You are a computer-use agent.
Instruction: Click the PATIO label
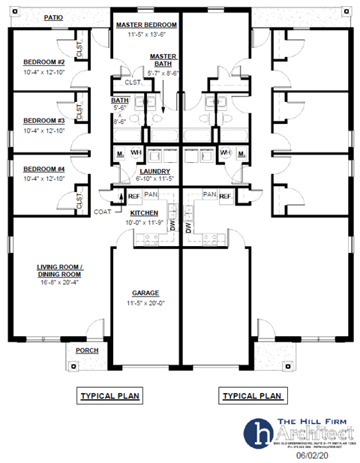[x=53, y=17]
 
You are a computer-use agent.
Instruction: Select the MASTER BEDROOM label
[x=145, y=25]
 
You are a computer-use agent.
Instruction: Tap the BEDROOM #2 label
[x=43, y=62]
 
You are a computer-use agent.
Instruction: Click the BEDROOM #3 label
[x=43, y=120]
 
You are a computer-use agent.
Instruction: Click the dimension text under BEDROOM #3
[x=43, y=131]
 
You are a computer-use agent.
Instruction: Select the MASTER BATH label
[x=163, y=61]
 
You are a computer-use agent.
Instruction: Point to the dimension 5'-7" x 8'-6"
[x=163, y=74]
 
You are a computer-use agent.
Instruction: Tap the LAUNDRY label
[x=155, y=171]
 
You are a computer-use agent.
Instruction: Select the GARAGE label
[x=145, y=293]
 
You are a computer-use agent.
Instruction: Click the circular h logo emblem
[x=260, y=433]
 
